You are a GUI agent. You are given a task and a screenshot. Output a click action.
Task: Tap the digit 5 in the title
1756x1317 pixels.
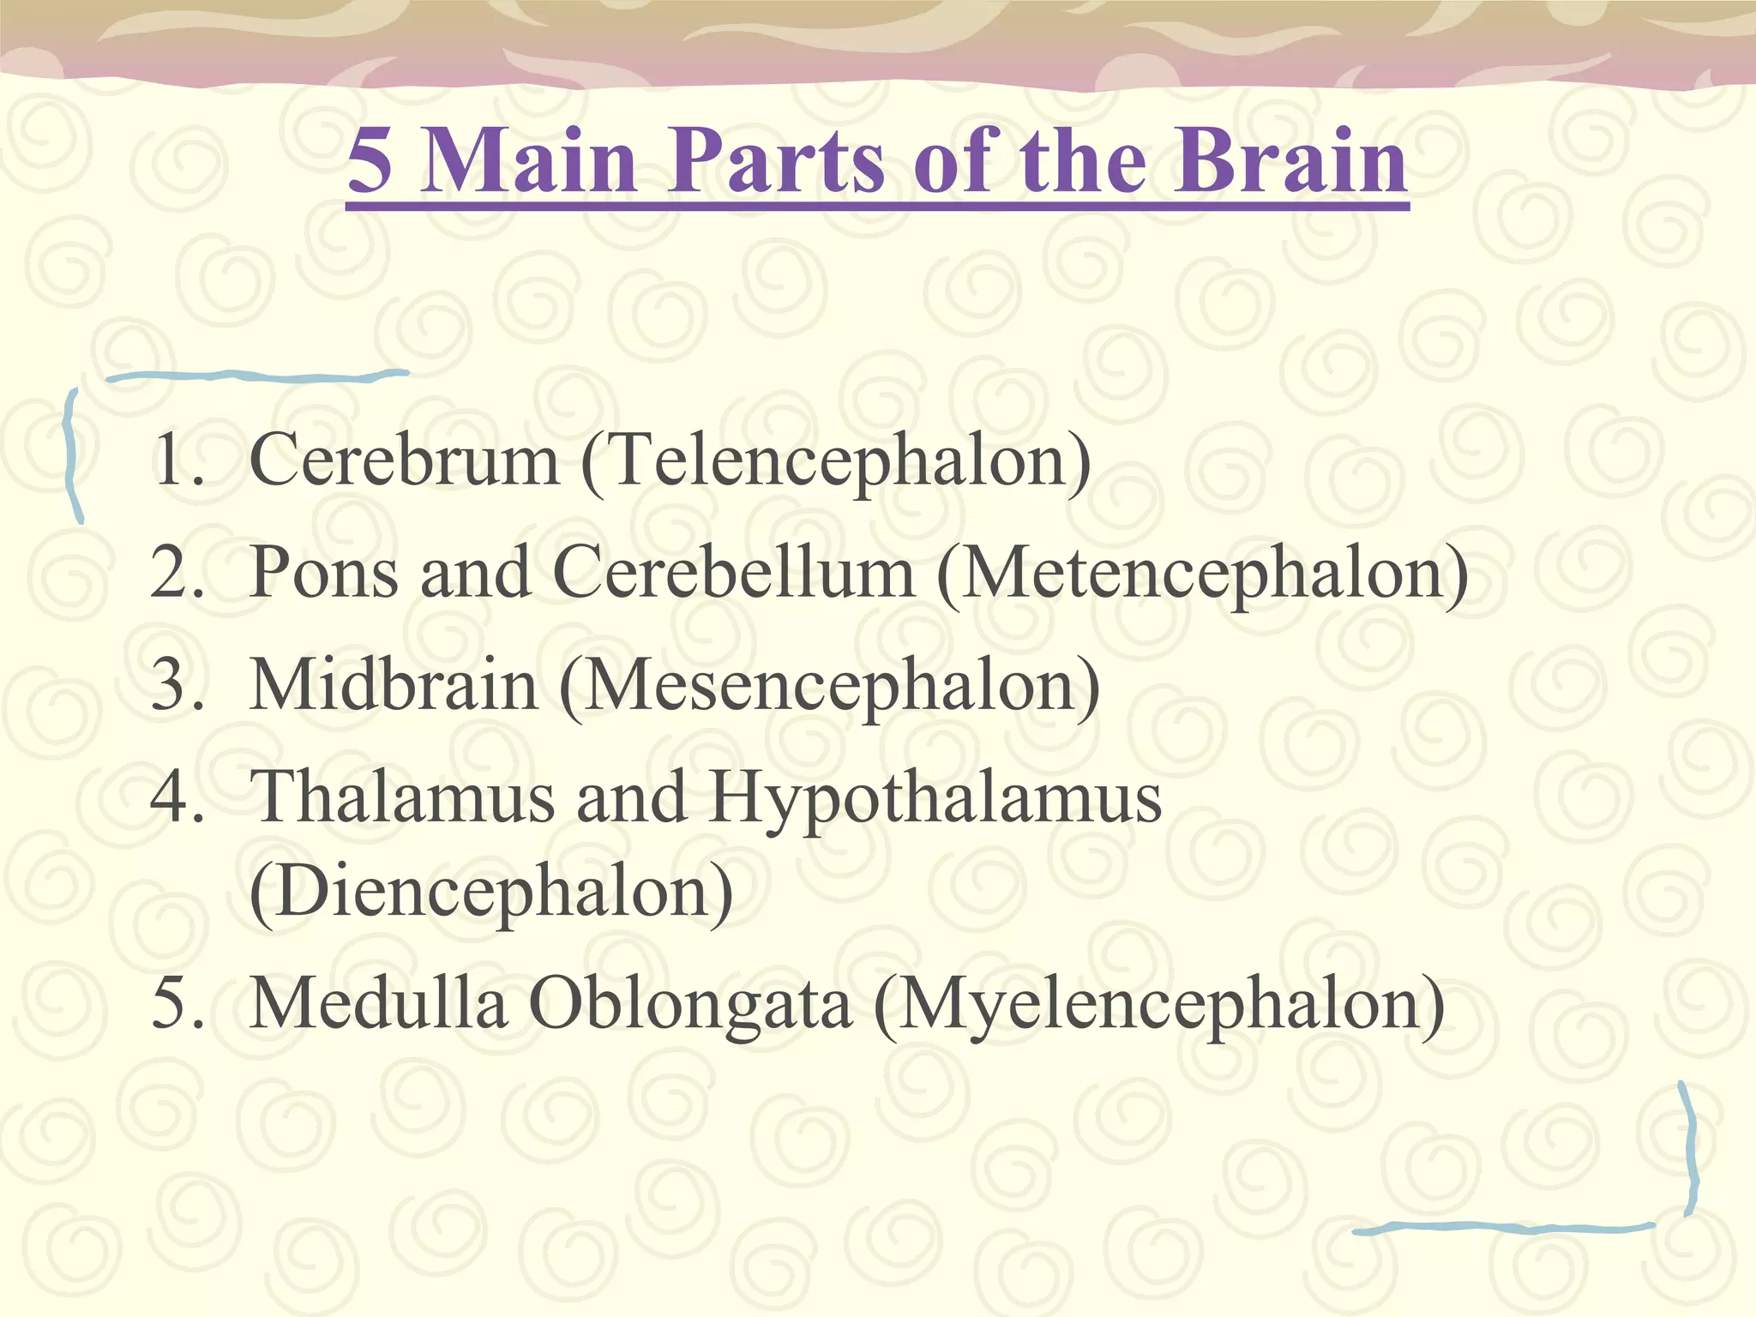[370, 160]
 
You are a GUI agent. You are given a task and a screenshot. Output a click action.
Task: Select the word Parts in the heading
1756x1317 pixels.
[775, 160]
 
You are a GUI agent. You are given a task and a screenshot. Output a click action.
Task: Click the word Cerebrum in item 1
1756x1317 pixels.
[404, 460]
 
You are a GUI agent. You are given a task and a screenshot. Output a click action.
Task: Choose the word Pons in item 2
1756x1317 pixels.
[324, 573]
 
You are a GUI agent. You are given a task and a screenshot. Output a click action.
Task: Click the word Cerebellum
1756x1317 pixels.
[734, 572]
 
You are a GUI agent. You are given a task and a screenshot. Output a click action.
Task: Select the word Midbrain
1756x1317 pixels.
[394, 685]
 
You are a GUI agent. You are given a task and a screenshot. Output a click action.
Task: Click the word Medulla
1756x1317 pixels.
[378, 1003]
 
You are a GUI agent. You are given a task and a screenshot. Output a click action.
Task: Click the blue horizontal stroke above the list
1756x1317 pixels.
[257, 376]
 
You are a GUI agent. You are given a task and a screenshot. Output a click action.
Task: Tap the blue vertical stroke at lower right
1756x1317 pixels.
[1688, 1149]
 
